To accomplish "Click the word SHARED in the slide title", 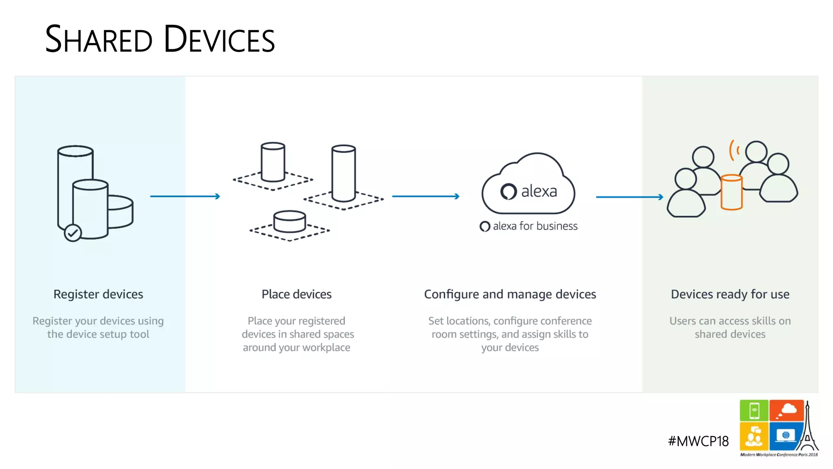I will (98, 39).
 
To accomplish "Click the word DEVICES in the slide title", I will (219, 39).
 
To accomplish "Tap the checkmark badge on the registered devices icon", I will (73, 233).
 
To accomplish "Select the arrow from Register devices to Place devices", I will (185, 196).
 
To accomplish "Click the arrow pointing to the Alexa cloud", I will (425, 196).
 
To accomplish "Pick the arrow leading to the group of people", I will (629, 197).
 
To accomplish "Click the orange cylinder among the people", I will (731, 192).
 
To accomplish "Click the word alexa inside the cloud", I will (539, 191).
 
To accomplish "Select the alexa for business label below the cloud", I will (529, 226).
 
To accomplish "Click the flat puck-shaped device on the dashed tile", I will (290, 221).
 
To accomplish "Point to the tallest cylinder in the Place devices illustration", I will (344, 173).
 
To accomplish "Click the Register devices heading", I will (98, 294).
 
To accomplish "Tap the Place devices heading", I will (297, 294).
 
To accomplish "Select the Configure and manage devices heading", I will (510, 294).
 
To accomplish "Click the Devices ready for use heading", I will (730, 294).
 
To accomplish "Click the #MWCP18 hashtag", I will (698, 441).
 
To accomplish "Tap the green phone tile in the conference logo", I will (754, 410).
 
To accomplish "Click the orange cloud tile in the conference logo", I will (787, 410).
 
